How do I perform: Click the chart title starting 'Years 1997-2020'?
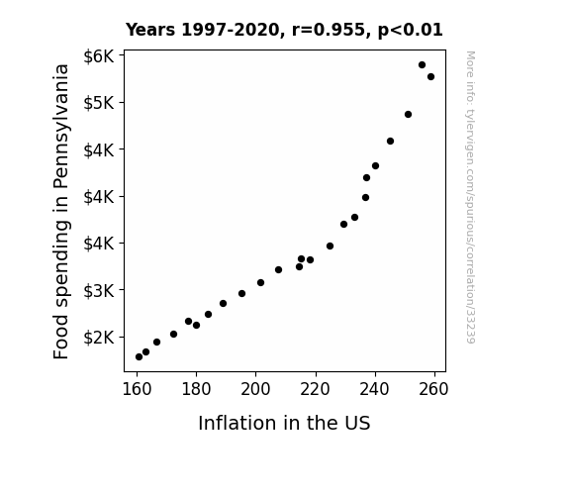284,30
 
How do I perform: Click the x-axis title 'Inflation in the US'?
284,423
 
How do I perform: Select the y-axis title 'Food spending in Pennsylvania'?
61,211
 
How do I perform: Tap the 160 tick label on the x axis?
137,389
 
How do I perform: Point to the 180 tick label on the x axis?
196,389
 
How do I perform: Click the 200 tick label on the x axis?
255,389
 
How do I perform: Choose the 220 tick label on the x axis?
315,389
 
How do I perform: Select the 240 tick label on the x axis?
374,389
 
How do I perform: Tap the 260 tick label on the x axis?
434,389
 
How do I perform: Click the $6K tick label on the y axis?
99,56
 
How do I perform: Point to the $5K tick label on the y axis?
99,103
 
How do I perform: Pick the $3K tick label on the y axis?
99,290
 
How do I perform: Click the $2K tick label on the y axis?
99,338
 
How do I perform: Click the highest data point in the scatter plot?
422,65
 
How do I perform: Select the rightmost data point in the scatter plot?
430,76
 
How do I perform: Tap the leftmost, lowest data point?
139,357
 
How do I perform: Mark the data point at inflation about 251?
408,115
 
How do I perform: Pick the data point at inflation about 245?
390,141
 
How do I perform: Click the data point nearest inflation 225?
330,247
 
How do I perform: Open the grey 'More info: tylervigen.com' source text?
470,197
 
